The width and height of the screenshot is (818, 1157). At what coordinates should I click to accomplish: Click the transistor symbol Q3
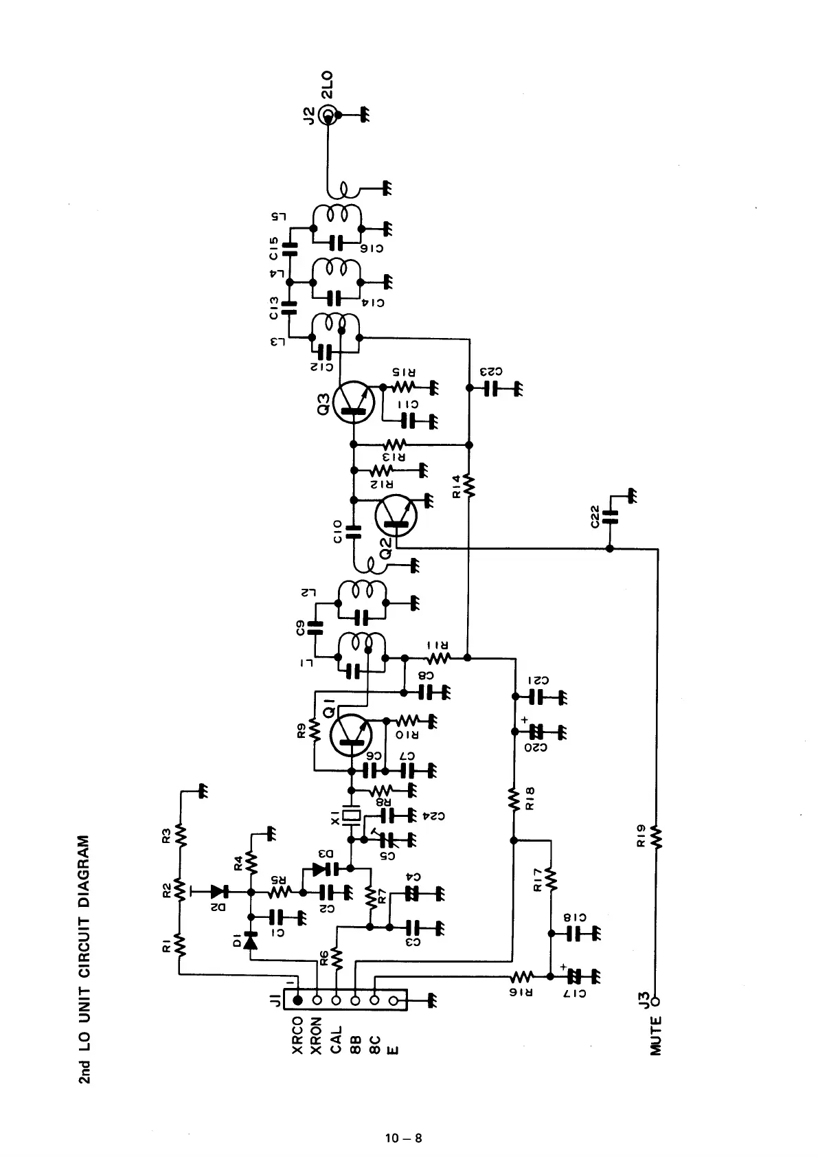coord(353,404)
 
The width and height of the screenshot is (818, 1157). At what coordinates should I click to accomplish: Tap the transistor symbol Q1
coord(351,734)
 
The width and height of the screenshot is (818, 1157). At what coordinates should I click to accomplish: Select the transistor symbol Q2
coord(396,516)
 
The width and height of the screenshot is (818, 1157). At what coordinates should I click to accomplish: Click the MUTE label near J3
coord(656,1035)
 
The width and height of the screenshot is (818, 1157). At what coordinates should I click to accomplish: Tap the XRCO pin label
coord(298,1035)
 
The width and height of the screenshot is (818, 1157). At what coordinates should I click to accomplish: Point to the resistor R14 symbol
coord(469,484)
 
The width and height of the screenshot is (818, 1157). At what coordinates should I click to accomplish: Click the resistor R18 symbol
coord(513,799)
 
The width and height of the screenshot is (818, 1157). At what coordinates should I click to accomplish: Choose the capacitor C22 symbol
coord(609,517)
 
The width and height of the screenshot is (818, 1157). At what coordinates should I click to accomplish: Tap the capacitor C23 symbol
coord(490,388)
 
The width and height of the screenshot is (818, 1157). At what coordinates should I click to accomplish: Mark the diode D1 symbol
coord(251,940)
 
